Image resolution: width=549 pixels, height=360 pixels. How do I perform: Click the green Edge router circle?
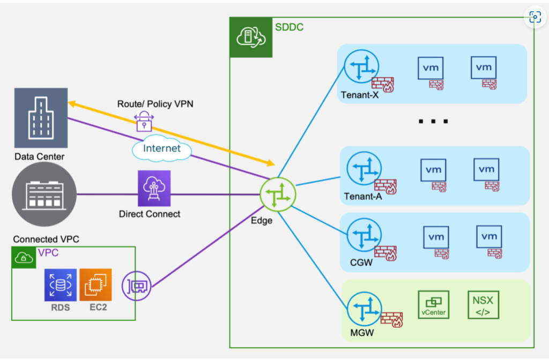pos(278,193)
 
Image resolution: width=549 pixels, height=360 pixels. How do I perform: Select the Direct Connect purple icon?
pos(154,188)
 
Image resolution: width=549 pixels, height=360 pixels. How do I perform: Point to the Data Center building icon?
pos(41,118)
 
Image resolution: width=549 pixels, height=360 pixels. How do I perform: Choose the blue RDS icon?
pos(61,284)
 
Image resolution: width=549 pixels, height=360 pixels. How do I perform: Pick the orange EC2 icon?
pos(95,284)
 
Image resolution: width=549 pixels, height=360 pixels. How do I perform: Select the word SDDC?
pos(290,27)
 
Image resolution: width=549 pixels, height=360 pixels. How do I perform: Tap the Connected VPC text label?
pos(46,239)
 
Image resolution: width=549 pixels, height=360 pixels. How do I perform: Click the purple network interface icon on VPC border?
pos(137,285)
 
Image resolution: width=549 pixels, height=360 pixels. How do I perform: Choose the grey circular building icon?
pos(44,194)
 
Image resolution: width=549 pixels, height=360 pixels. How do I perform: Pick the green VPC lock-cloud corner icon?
pos(23,258)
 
